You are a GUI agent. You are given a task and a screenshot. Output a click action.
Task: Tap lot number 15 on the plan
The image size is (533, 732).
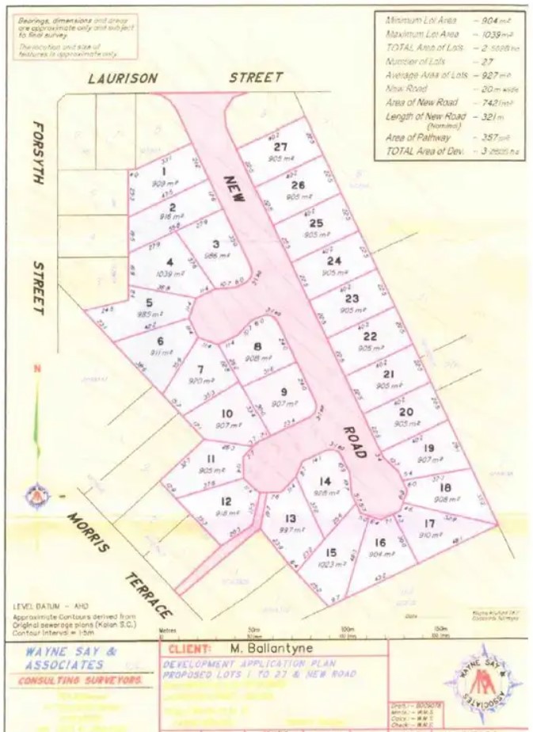(330, 552)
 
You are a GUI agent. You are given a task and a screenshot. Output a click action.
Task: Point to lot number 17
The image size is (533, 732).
(429, 523)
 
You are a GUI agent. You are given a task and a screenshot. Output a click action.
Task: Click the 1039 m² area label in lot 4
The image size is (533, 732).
(173, 273)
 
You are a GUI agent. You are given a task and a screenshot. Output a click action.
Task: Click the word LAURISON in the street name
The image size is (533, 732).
(123, 78)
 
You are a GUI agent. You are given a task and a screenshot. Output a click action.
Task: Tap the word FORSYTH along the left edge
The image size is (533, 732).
(36, 154)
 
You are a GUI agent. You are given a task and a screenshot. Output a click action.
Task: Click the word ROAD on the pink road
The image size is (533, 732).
(354, 440)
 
